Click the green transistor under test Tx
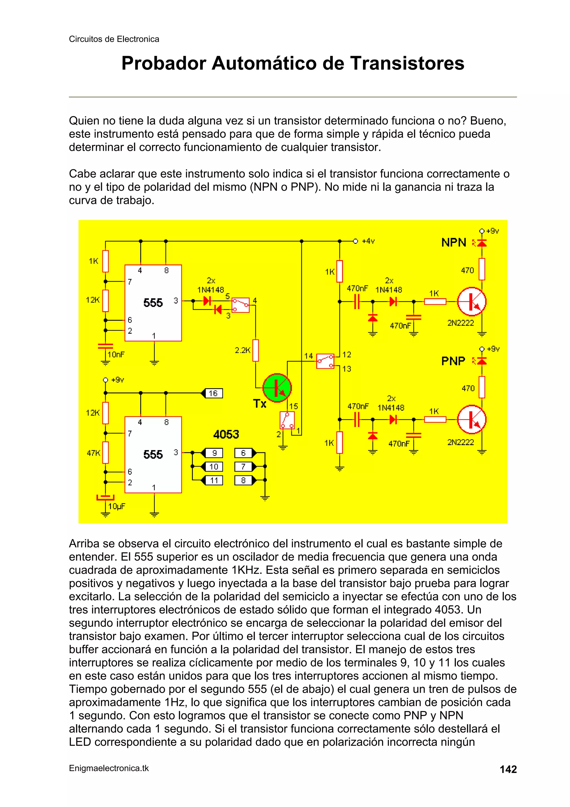277,388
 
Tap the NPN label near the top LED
453,243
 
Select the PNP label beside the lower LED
453,361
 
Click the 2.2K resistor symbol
256,350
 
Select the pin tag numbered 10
213,467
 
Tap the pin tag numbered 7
243,467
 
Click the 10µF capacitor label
117,506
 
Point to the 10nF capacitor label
116,354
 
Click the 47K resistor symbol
105,453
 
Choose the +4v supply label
368,241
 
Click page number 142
508,769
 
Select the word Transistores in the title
407,64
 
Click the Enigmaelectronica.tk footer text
109,768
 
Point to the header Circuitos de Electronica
114,39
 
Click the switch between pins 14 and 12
325,361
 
